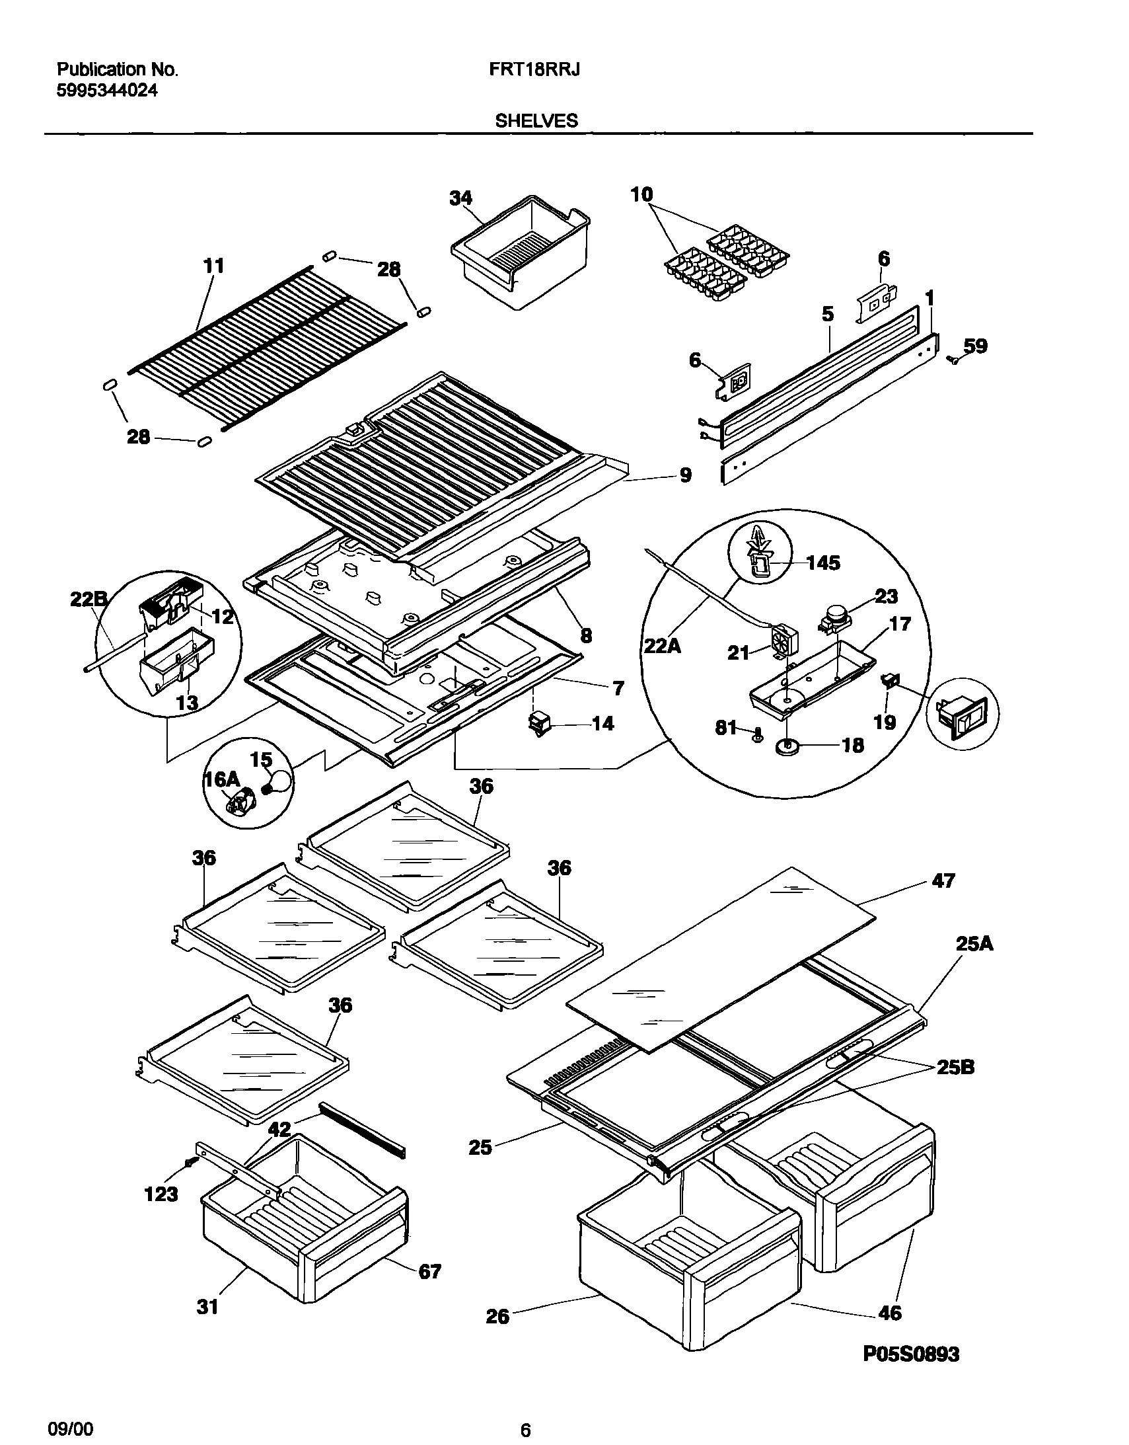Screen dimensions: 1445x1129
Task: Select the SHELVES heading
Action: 536,120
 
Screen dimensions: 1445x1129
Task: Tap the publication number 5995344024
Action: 107,91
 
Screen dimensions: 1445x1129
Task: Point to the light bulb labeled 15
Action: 278,781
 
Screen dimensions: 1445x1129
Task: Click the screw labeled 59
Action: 954,360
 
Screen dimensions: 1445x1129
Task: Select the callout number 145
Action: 822,563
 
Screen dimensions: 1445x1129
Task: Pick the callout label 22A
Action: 663,645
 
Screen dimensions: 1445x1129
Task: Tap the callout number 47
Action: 943,880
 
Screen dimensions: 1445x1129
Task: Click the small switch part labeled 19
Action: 891,680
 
